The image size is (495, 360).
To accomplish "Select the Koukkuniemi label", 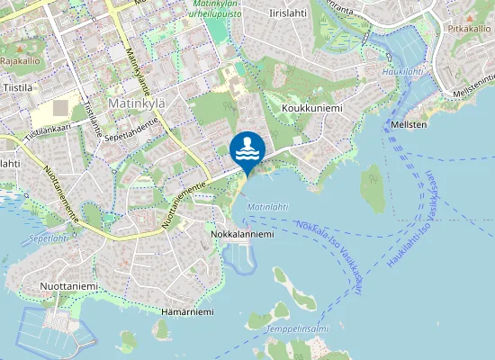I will click(x=312, y=108).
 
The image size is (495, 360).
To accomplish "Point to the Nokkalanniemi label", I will click(x=241, y=234).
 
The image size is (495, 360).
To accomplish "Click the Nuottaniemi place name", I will click(x=68, y=286).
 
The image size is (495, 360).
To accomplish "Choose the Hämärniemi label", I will click(x=187, y=312).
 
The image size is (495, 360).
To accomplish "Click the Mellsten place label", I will click(x=409, y=124).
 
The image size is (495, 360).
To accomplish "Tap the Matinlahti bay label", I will click(x=267, y=207).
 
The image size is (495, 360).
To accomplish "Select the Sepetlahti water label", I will click(x=49, y=239).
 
